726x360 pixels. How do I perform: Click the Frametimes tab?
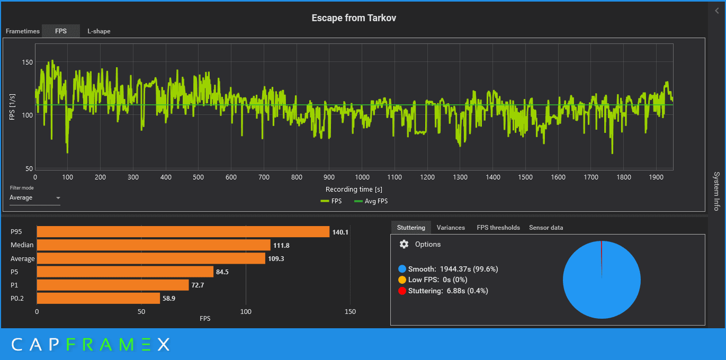[x=23, y=31]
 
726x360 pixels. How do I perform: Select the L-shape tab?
[x=99, y=31]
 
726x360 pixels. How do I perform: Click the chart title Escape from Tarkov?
[x=354, y=18]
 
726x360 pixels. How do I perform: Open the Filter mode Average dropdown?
[x=35, y=198]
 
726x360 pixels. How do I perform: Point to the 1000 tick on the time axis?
[x=362, y=177]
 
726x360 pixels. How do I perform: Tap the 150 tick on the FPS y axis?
[x=27, y=62]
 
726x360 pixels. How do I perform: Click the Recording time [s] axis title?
[x=354, y=189]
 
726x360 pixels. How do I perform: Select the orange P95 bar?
[x=183, y=232]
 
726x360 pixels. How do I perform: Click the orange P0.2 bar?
[x=98, y=299]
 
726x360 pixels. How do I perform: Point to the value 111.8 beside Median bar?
[x=281, y=245]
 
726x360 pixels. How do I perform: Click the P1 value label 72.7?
[x=200, y=285]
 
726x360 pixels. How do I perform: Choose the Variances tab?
[x=451, y=228]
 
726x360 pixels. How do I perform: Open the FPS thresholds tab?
[x=498, y=228]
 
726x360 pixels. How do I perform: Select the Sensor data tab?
[x=546, y=228]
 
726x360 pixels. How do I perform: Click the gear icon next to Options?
[x=404, y=244]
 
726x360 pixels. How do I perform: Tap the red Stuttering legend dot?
[x=402, y=291]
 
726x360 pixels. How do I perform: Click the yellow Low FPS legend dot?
[x=402, y=280]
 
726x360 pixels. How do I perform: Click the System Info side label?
[x=716, y=191]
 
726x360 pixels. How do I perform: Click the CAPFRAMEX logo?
[x=91, y=345]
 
